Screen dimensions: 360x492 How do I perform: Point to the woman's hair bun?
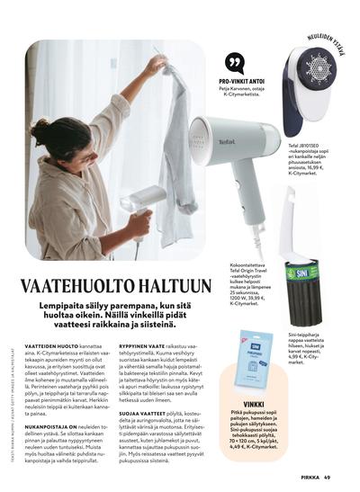tap(40, 133)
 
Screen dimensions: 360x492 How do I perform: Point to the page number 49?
tap(328, 477)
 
